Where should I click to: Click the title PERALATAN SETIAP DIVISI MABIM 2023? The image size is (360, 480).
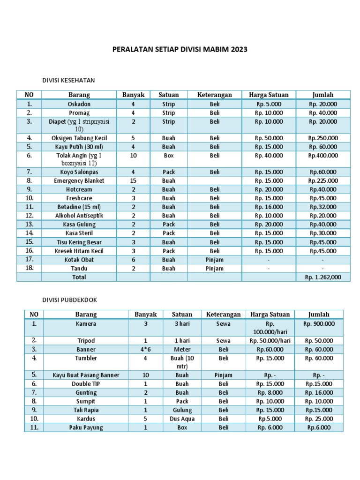tap(180, 49)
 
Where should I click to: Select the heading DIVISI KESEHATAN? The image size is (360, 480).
tap(72, 80)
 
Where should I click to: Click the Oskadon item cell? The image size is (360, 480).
tap(79, 104)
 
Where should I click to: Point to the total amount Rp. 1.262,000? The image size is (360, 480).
tap(323, 277)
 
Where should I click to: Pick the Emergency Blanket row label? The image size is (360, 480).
tap(79, 180)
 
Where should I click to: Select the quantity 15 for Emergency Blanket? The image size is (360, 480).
tap(133, 180)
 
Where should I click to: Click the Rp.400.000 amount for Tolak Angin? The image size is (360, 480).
tap(323, 155)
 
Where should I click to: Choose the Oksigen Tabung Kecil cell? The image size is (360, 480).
tap(79, 138)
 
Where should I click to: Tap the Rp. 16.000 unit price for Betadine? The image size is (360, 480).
tap(269, 207)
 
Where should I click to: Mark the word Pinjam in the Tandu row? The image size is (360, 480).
tap(215, 269)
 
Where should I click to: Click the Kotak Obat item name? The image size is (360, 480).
tap(79, 260)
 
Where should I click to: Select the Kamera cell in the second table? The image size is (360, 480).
tap(86, 323)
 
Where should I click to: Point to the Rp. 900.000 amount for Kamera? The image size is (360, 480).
tap(319, 323)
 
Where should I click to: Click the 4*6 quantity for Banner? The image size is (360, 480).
tap(145, 349)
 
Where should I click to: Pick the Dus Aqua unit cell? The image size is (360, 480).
tap(182, 419)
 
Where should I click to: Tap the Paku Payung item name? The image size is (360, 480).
tap(86, 427)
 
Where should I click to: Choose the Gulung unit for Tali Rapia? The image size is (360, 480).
tap(182, 410)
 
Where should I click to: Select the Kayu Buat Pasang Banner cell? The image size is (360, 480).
tap(86, 375)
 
